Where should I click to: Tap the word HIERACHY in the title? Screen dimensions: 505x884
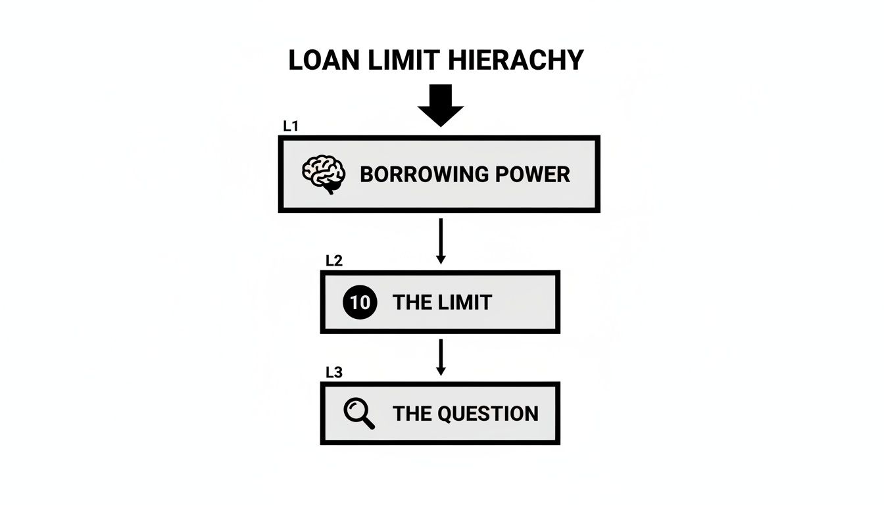coord(517,60)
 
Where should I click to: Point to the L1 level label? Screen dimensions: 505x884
coord(291,126)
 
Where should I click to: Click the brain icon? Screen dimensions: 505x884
coord(324,174)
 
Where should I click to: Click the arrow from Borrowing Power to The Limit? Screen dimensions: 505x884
coord(441,241)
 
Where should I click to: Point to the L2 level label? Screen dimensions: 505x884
coord(334,260)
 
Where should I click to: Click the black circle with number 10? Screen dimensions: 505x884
coord(360,302)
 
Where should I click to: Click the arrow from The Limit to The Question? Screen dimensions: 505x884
coord(441,357)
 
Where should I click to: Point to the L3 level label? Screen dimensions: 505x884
coord(334,373)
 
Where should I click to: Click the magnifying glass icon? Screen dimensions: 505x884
coord(359,414)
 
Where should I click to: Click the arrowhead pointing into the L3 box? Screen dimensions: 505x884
coord(441,372)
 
